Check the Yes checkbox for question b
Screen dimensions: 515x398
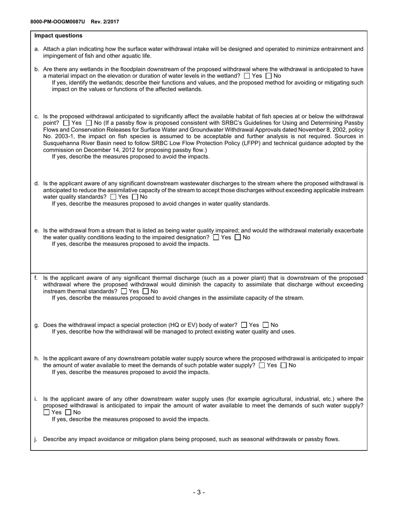[x=247, y=76]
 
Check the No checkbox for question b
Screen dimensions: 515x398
[x=269, y=76]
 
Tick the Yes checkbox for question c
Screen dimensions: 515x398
[x=67, y=123]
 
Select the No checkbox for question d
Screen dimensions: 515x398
[x=135, y=197]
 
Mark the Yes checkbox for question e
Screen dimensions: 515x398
[x=216, y=237]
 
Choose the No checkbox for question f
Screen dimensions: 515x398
[x=146, y=291]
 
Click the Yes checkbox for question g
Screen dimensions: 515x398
[x=244, y=325]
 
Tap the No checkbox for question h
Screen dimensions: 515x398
[x=284, y=366]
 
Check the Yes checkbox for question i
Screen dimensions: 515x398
[x=47, y=412]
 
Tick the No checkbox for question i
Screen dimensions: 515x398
[x=68, y=412]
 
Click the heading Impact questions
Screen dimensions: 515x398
[x=58, y=36]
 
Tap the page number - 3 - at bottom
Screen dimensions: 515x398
[x=199, y=492]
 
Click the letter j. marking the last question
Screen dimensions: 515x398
[x=36, y=439]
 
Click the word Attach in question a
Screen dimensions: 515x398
[x=52, y=49]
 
